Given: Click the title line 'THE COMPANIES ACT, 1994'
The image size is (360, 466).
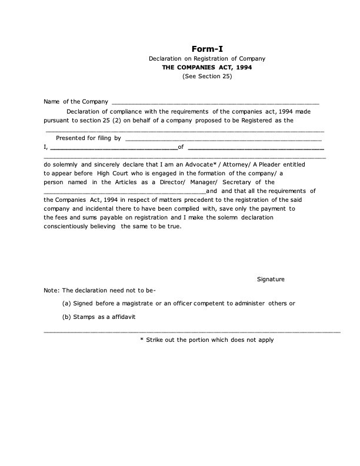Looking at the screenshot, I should pyautogui.click(x=207, y=68).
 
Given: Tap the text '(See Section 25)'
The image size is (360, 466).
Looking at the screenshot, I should pyautogui.click(x=207, y=77).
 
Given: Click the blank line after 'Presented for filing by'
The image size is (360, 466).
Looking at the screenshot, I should pyautogui.click(x=224, y=139).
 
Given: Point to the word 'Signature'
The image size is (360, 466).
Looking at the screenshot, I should pyautogui.click(x=271, y=278).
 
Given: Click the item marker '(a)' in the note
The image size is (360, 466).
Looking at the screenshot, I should pyautogui.click(x=66, y=303).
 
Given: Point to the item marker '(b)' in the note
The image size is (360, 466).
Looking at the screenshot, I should pyautogui.click(x=66, y=317).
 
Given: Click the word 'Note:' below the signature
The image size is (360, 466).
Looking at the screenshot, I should pyautogui.click(x=52, y=290).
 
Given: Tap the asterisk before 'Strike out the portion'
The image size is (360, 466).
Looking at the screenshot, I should pyautogui.click(x=142, y=340).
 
